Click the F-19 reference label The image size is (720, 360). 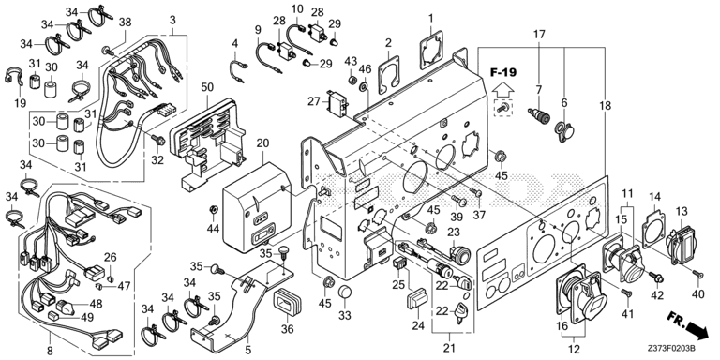(502, 72)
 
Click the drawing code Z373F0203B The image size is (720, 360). (671, 349)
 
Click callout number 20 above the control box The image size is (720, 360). (262, 142)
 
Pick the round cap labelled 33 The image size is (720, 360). (345, 292)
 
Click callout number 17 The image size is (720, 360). (539, 34)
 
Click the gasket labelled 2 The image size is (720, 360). (389, 74)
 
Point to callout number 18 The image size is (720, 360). (606, 106)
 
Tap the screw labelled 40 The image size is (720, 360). (697, 274)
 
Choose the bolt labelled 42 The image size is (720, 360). (656, 277)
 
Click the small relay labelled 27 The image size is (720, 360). (337, 103)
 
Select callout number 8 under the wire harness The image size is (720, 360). (50, 351)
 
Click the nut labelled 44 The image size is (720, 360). (213, 210)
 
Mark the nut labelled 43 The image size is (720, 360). (351, 80)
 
